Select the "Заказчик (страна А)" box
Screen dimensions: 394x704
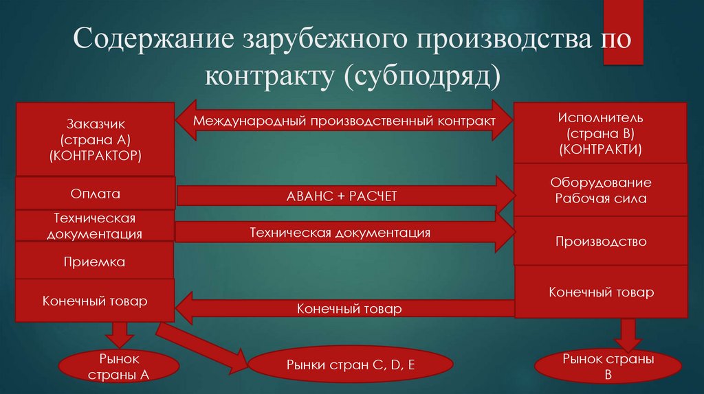[x=95, y=139]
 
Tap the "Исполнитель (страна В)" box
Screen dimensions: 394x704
[x=600, y=133]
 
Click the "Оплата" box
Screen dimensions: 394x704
[x=95, y=194]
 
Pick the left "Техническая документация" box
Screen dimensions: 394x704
[x=95, y=226]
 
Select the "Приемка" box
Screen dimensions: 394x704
[x=95, y=262]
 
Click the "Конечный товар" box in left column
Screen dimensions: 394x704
[x=95, y=301]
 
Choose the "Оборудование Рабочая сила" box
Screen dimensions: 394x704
[x=600, y=191]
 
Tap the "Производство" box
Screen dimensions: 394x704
[x=600, y=242]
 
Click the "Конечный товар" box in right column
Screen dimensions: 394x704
[x=600, y=292]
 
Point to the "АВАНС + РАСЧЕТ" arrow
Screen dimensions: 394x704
[x=344, y=196]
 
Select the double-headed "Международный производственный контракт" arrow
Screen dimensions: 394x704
[x=344, y=121]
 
